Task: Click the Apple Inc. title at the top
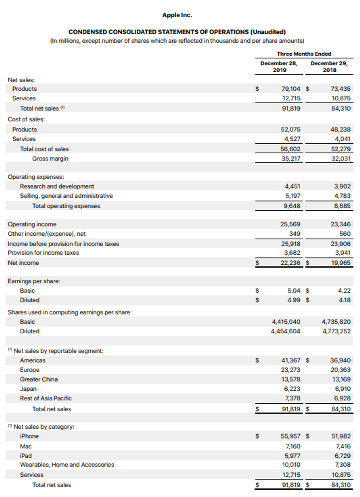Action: (177, 15)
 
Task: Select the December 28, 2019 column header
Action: (279, 67)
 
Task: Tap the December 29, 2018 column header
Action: (329, 67)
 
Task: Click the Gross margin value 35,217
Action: (291, 159)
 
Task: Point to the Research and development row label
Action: (57, 186)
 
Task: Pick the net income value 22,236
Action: (290, 263)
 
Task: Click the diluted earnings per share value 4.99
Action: (294, 300)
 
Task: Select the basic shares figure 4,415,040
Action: (286, 322)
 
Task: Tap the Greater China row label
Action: (39, 379)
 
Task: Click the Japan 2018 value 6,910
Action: (342, 389)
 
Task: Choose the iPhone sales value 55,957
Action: (290, 436)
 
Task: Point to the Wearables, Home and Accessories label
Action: (67, 465)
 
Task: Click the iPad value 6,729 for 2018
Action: (342, 456)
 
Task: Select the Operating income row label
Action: (32, 224)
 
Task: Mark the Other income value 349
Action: (295, 234)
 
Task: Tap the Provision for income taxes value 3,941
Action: (342, 253)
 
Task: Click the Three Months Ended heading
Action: (304, 54)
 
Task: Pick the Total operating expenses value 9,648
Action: (292, 206)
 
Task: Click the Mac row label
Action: (26, 446)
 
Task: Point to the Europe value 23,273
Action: (291, 370)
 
